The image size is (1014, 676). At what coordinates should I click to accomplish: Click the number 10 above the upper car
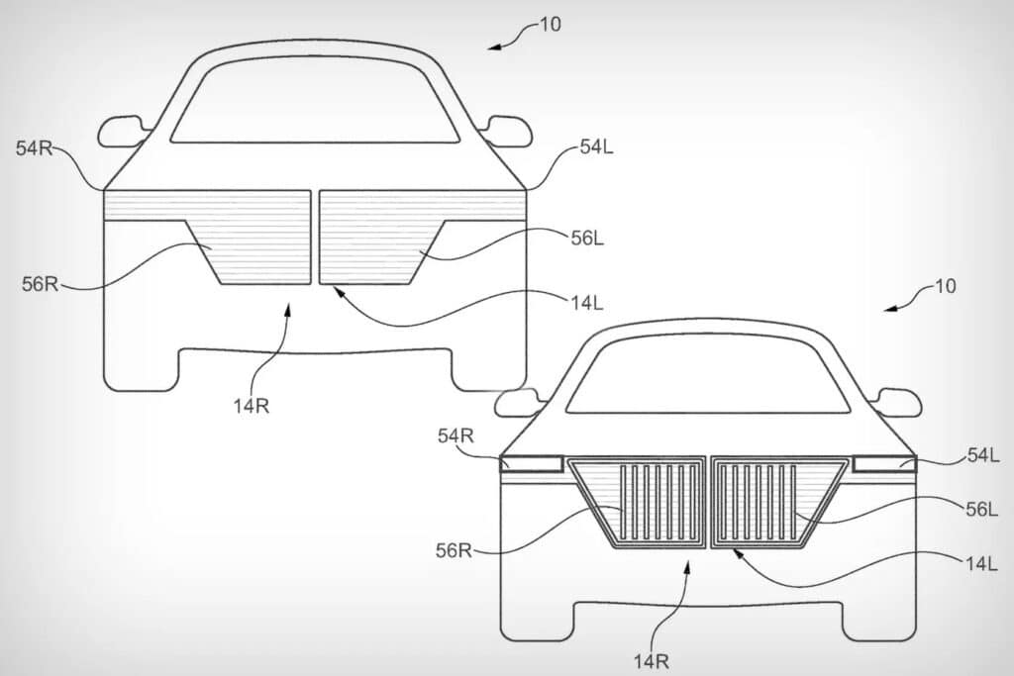pos(551,25)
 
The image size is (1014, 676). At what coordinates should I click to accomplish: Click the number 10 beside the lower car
pos(946,286)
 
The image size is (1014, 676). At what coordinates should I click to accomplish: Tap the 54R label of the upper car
pos(34,148)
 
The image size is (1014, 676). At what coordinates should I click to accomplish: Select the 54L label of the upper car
pos(596,147)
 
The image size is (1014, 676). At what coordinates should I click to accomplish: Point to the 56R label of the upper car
pos(40,284)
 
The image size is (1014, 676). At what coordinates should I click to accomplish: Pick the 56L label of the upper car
pos(587,239)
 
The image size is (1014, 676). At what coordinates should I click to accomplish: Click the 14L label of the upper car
pos(587,303)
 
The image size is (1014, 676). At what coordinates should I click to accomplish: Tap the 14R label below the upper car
pos(252,406)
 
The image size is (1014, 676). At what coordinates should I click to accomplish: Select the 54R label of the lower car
pos(456,436)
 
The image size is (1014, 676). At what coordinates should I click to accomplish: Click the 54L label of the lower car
pos(983,455)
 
